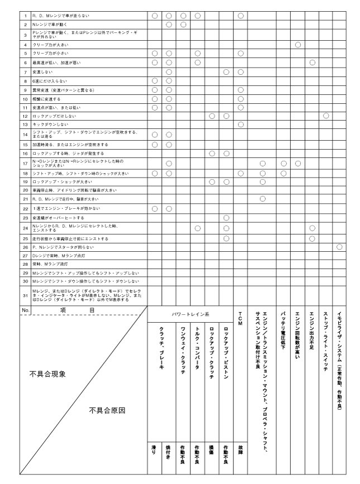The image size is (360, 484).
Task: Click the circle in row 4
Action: coord(298,44)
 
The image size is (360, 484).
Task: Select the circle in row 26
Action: coord(339,247)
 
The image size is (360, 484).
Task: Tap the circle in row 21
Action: coord(262,198)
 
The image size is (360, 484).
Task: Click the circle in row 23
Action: coord(226,217)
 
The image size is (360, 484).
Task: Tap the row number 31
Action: coord(25,295)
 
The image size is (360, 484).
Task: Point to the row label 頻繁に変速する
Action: coord(46,98)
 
